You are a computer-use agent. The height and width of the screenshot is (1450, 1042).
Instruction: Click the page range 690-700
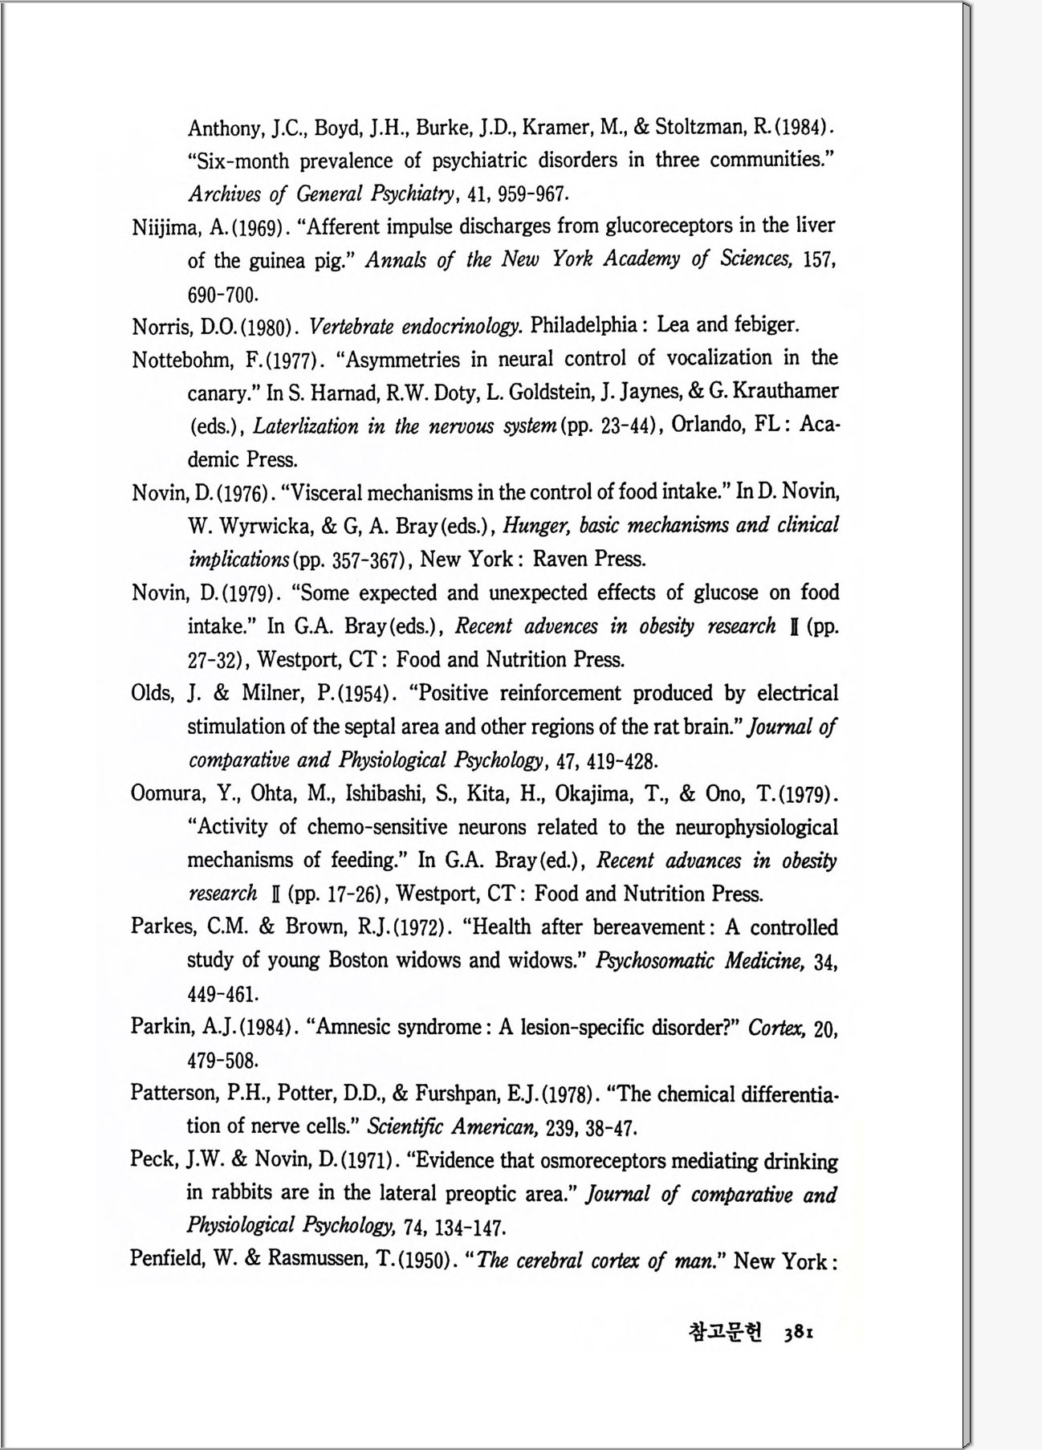(x=222, y=295)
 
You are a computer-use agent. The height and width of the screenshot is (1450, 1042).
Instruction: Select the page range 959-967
(x=534, y=194)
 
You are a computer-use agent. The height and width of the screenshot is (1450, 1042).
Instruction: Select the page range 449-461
(x=222, y=995)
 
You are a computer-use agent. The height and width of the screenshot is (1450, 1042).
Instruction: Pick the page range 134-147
(x=470, y=1228)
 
